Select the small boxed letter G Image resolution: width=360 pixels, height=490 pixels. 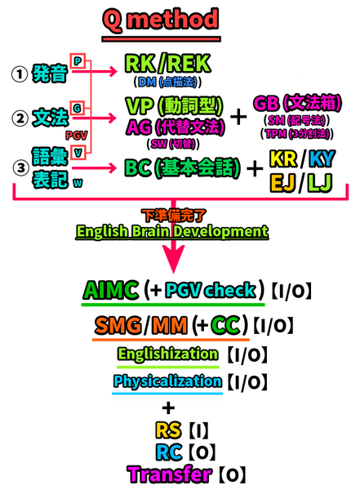coord(78,107)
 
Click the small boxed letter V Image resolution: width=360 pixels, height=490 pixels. coord(78,153)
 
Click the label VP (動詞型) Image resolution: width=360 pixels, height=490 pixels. coord(175,107)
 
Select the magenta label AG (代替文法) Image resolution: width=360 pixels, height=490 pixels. coord(175,127)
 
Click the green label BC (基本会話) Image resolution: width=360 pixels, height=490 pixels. coord(182,169)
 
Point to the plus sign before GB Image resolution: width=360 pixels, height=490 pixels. coord(239,117)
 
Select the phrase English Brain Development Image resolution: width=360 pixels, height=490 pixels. coord(172,231)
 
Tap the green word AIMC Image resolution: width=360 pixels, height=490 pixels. coord(112,292)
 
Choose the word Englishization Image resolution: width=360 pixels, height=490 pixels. coord(168,354)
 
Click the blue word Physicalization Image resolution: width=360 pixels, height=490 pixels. coord(167,381)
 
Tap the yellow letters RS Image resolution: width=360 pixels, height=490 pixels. coord(167,430)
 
